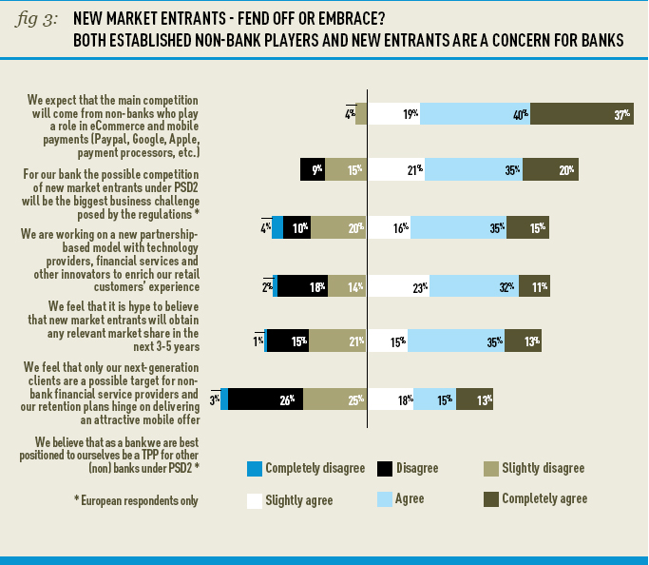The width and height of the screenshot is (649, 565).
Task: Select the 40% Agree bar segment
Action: coord(474,114)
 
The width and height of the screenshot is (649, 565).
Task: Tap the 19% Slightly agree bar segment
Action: coord(393,114)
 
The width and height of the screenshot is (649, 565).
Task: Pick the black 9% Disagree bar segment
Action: coord(312,169)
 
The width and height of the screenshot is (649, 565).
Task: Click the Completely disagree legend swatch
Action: coord(254,469)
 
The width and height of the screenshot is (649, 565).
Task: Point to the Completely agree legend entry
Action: coord(536,499)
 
